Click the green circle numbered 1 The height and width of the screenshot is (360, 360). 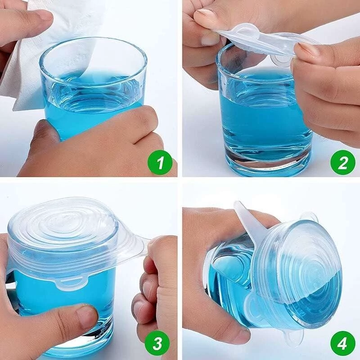(160, 162)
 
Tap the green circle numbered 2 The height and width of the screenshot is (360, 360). (342, 162)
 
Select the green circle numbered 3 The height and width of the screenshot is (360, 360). (157, 343)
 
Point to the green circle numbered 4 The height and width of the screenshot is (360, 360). (342, 343)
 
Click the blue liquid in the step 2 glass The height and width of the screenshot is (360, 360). (264, 115)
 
